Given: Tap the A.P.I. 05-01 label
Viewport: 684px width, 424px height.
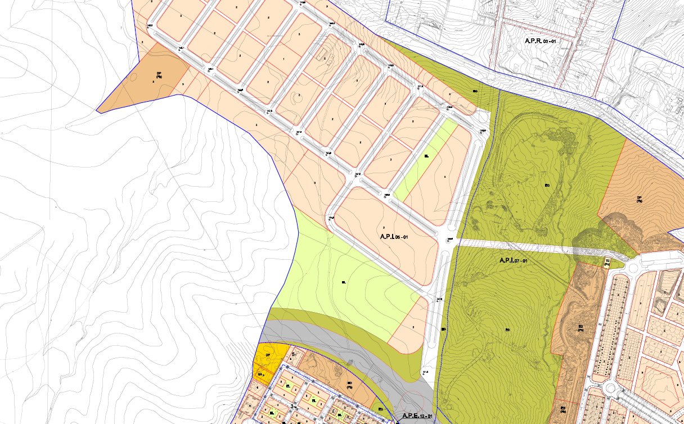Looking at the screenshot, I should pos(393,237).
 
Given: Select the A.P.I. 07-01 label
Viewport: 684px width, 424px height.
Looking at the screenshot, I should pos(513,261).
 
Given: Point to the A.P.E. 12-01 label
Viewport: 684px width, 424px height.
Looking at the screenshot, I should pos(417,416).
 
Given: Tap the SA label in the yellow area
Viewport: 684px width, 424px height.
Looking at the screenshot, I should pos(260,375).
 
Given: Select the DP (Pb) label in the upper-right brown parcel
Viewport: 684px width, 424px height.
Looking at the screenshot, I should pos(639,200).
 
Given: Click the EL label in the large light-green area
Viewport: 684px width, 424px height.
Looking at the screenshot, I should pos(343,282).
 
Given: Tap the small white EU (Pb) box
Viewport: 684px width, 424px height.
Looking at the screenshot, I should pos(607,262).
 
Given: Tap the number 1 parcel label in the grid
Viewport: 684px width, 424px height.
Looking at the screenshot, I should pos(283,59).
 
